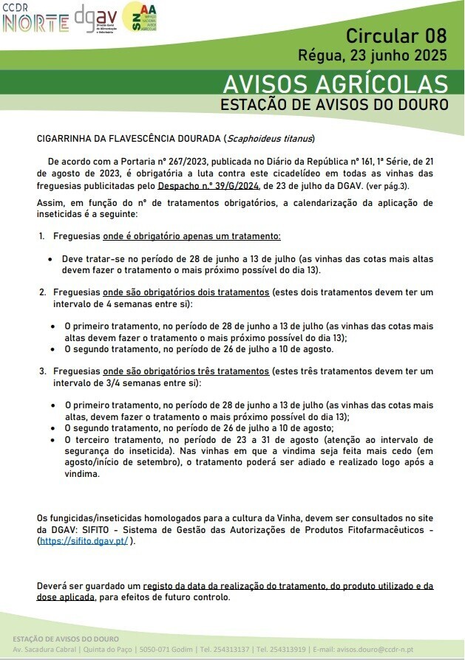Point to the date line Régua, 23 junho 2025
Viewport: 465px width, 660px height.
tap(373, 55)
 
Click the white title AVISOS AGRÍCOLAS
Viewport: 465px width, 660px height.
tap(335, 82)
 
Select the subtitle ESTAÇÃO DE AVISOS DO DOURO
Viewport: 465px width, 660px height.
tap(334, 105)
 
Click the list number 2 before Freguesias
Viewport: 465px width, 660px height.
tap(42, 292)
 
